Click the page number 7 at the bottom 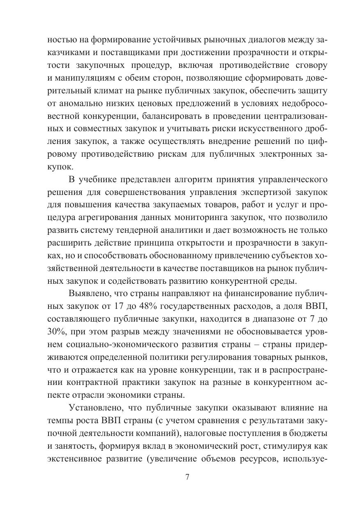pos(187,478)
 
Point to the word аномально pos(80,102)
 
